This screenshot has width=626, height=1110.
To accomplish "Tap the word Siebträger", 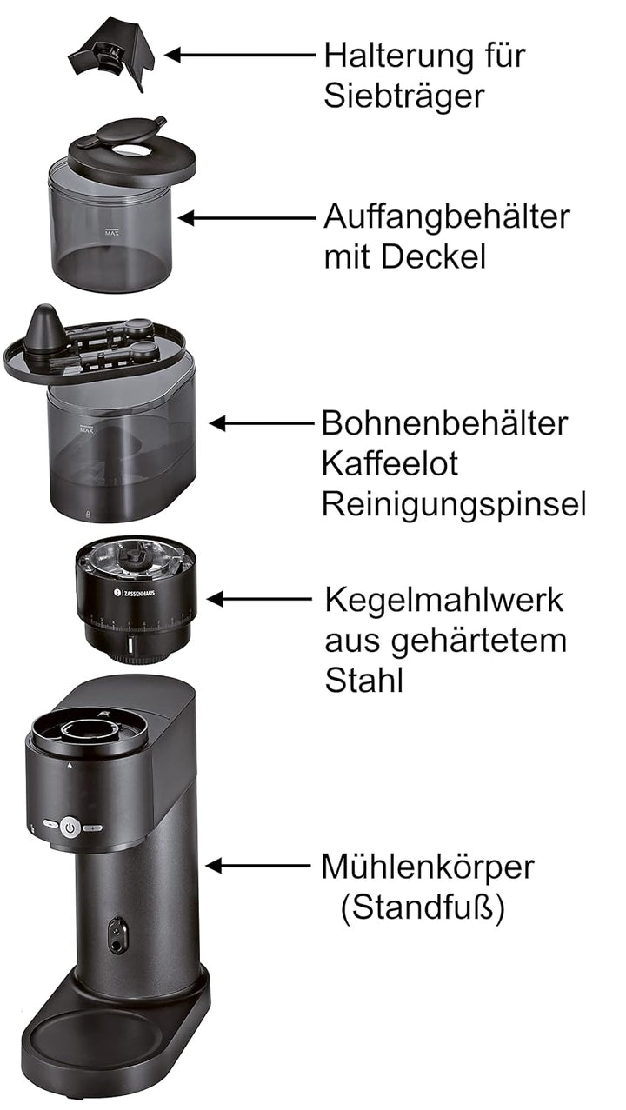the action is pyautogui.click(x=404, y=96).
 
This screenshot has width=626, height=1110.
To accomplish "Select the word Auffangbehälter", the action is pyautogui.click(x=447, y=217).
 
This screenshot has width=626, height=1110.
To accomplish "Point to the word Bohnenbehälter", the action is pyautogui.click(x=444, y=423).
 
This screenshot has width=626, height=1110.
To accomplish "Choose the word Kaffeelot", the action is pyautogui.click(x=390, y=464).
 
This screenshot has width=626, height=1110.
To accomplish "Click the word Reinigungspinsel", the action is pyautogui.click(x=454, y=505).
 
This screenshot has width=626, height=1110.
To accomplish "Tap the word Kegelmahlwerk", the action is pyautogui.click(x=444, y=601).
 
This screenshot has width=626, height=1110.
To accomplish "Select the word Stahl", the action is pyautogui.click(x=363, y=681).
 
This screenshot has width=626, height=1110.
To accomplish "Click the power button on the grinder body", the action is pyautogui.click(x=70, y=827).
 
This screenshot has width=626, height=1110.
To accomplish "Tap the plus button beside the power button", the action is pyautogui.click(x=93, y=828).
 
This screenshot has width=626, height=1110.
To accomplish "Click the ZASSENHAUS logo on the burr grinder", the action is pyautogui.click(x=134, y=592).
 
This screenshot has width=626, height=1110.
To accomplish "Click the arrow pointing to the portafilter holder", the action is pyautogui.click(x=240, y=55).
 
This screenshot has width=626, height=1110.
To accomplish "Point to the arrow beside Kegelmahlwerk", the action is pyautogui.click(x=259, y=599).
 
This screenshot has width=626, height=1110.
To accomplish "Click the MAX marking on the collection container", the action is pyautogui.click(x=112, y=232).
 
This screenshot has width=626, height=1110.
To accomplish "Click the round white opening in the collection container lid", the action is pyautogui.click(x=130, y=150).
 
